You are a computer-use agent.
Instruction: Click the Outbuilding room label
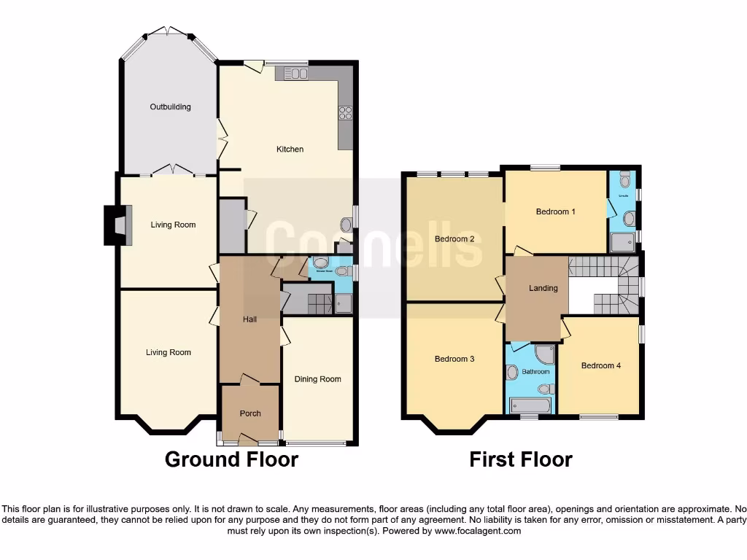click(x=170, y=107)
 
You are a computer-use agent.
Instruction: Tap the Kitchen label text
click(x=290, y=149)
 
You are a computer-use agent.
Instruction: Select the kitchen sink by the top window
click(x=293, y=73)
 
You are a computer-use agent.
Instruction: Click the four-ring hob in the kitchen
click(x=345, y=113)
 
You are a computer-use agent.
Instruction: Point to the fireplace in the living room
click(x=115, y=225)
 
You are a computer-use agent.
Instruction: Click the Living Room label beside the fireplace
click(x=173, y=225)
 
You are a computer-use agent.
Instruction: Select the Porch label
click(x=250, y=413)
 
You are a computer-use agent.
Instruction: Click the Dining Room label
click(x=317, y=379)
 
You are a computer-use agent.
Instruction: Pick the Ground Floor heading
click(x=231, y=459)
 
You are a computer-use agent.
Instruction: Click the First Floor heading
click(x=520, y=459)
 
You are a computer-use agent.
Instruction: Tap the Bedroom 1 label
click(x=556, y=212)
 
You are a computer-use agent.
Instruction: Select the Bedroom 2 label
click(x=454, y=239)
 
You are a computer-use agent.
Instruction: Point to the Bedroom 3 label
click(x=454, y=359)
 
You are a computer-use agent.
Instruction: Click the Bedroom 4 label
click(x=600, y=365)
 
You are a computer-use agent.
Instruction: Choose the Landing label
click(x=543, y=288)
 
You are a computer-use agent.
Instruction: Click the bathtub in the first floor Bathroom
click(x=530, y=405)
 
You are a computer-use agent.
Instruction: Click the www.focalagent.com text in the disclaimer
click(x=479, y=532)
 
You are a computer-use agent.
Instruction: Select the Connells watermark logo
click(x=373, y=244)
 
